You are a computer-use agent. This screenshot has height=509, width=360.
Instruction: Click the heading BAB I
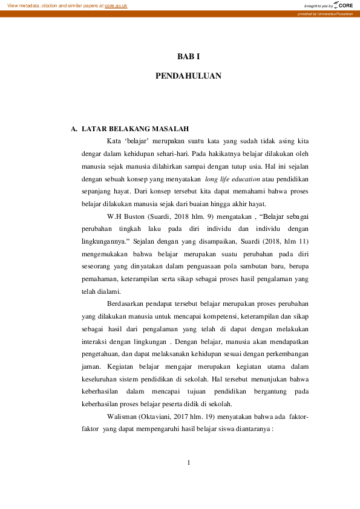coord(188,56)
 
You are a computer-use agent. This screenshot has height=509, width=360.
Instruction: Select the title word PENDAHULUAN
coord(188,76)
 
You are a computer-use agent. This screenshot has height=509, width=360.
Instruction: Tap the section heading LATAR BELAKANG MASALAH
coord(136,129)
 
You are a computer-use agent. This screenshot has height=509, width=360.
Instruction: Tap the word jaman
coord(90,366)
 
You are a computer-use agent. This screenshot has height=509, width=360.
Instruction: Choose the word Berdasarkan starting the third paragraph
coord(128,303)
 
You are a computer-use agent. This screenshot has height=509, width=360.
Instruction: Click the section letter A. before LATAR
coord(74,129)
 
